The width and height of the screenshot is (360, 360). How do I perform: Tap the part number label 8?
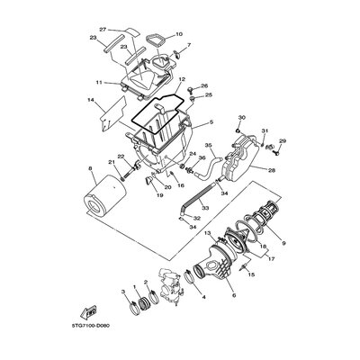90,168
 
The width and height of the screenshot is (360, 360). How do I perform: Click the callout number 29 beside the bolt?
282,142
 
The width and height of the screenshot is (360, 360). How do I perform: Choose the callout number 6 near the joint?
233,296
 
